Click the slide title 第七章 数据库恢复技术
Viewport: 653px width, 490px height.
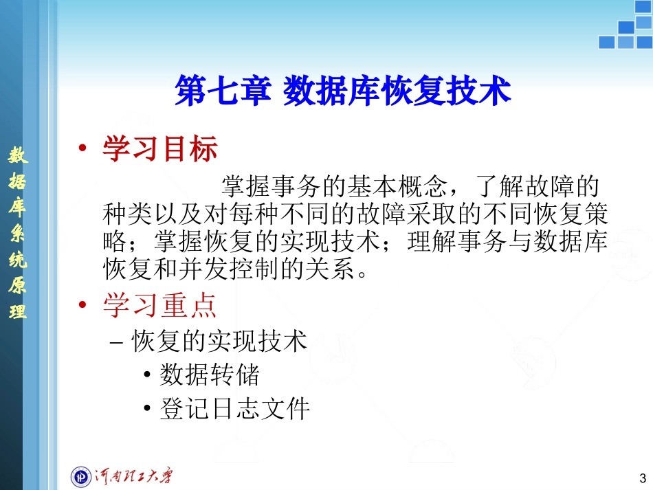[343, 91]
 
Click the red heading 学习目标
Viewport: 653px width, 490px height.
[159, 148]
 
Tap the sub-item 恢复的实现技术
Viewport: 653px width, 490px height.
[219, 341]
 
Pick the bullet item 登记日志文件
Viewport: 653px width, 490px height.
[234, 409]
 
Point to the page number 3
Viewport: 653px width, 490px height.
[642, 478]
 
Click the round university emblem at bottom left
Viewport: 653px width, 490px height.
[82, 476]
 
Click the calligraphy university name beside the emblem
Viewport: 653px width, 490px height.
[134, 476]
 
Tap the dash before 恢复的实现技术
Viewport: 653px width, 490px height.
[117, 342]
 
